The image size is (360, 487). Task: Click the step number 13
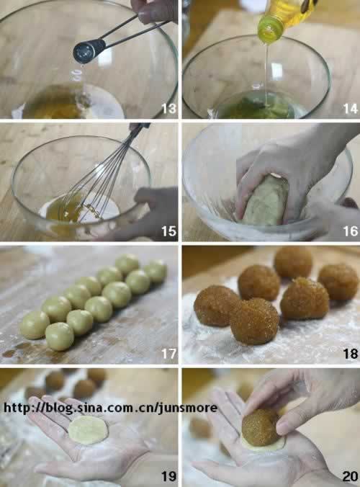(x=168, y=109)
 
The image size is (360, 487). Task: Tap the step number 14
(x=351, y=109)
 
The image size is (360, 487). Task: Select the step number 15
(x=168, y=231)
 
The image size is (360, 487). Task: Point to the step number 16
(x=351, y=231)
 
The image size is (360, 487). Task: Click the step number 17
(x=168, y=354)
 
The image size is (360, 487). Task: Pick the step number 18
(x=351, y=354)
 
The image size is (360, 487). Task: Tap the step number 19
(x=168, y=476)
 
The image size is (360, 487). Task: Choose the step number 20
(x=351, y=476)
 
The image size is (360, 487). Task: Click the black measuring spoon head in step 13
(x=89, y=50)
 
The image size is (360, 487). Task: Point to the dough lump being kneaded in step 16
(x=266, y=200)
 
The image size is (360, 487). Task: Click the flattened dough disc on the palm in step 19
(x=88, y=430)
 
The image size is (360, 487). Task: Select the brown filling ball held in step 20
(x=260, y=427)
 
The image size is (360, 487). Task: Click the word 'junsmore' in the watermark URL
(x=188, y=408)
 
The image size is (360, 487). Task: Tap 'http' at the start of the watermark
(x=16, y=408)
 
